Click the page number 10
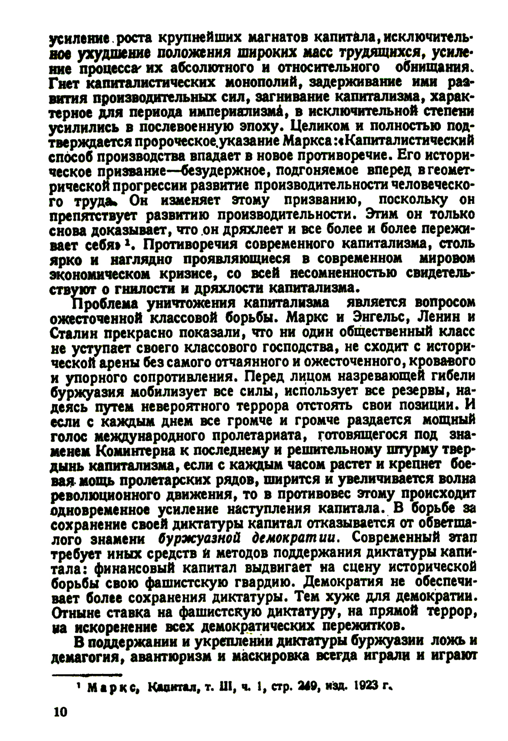point(59,712)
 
